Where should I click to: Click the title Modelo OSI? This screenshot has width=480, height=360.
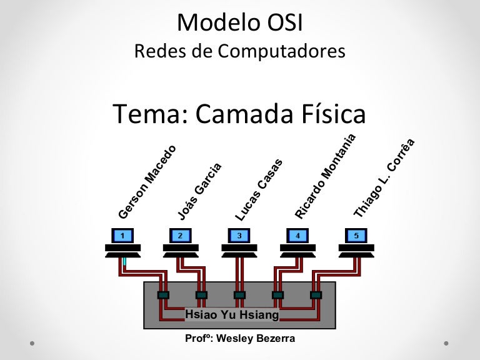[x=241, y=22]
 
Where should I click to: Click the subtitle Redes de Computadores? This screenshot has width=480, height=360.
[x=240, y=51]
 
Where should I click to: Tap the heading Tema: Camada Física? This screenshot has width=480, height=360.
[x=239, y=114]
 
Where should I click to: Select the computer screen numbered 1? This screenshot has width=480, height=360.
[x=122, y=236]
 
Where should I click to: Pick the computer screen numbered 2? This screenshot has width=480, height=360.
[x=180, y=236]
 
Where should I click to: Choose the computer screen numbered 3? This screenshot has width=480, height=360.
[x=239, y=236]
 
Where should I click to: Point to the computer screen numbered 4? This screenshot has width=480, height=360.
[x=297, y=236]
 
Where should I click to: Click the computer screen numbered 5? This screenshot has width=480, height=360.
[x=356, y=236]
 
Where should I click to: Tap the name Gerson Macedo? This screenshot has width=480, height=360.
[x=147, y=182]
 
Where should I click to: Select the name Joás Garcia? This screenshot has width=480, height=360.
[x=199, y=191]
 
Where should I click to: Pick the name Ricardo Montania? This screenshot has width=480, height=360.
[x=325, y=176]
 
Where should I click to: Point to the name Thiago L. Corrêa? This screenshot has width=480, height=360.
[x=384, y=178]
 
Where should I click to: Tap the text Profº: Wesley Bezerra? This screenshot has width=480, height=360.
[x=240, y=339]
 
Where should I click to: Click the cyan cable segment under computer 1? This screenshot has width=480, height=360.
[x=125, y=261]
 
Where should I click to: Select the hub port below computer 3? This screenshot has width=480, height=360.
[x=239, y=294]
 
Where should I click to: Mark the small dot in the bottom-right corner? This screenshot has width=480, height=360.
[x=446, y=343]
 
